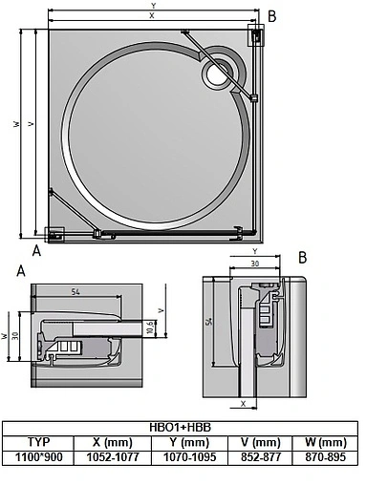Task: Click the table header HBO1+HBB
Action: tap(182, 429)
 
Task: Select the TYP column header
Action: tap(37, 443)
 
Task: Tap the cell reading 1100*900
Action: tap(37, 456)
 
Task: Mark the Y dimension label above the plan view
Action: tap(152, 6)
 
